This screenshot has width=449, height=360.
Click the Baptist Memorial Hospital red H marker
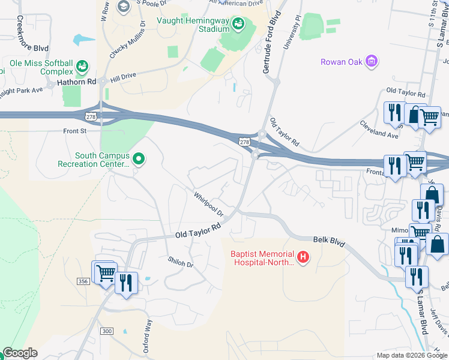[x=304, y=257]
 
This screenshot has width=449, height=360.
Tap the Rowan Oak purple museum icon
[x=372, y=61]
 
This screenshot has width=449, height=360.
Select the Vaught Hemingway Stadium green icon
[x=238, y=24]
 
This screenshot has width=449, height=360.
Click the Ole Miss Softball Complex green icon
[x=82, y=65]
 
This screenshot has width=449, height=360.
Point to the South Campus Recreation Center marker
[x=139, y=159]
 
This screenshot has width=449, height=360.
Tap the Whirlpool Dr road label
[x=208, y=205]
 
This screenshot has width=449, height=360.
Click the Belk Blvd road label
[x=329, y=241]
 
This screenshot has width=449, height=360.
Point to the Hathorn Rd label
[x=76, y=82]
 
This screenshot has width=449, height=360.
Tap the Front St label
[x=75, y=130]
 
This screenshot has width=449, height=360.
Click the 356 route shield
[x=83, y=281]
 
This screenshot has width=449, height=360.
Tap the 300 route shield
[x=107, y=331]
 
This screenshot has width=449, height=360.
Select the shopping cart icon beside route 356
[x=105, y=272]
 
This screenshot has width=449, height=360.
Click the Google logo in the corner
[x=20, y=353]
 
